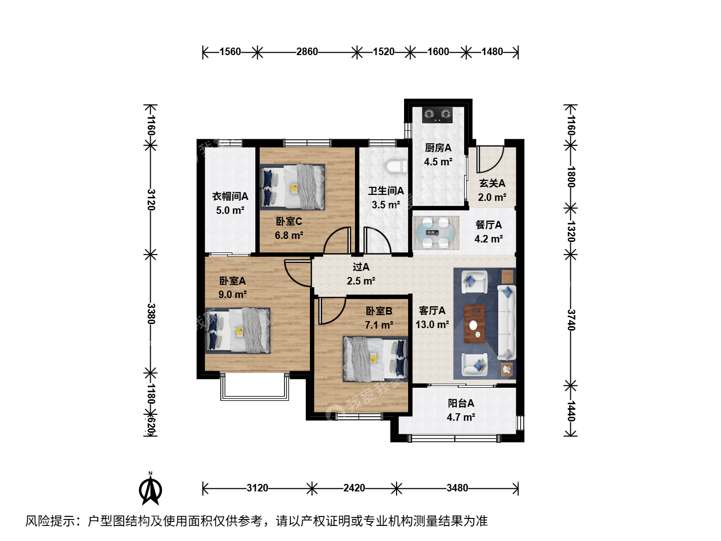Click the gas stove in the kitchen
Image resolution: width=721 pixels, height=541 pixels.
pyautogui.click(x=437, y=115)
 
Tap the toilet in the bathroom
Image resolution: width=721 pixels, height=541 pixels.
pyautogui.click(x=397, y=166)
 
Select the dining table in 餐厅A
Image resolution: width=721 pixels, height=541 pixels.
pyautogui.click(x=436, y=232)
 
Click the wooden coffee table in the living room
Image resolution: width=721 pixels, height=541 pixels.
pyautogui.click(x=475, y=324)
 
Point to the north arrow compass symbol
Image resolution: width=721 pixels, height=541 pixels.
pyautogui.click(x=150, y=489)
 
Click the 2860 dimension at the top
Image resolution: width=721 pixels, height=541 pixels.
pyautogui.click(x=307, y=52)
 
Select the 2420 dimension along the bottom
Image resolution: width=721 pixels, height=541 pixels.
pyautogui.click(x=354, y=488)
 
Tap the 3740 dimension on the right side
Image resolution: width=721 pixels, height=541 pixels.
pyautogui.click(x=571, y=320)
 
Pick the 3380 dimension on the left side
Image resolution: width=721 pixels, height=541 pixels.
pyautogui.click(x=151, y=314)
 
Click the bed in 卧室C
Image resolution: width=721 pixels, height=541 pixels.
pyautogui.click(x=292, y=187)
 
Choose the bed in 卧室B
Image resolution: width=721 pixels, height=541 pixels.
pyautogui.click(x=376, y=359)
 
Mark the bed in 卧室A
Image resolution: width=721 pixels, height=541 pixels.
pyautogui.click(x=237, y=331)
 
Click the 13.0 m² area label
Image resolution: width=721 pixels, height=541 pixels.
pyautogui.click(x=432, y=325)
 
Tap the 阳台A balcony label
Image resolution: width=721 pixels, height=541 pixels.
pyautogui.click(x=461, y=403)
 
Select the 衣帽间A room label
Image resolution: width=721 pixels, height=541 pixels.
pyautogui.click(x=230, y=196)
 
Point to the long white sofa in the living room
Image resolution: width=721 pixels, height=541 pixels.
pyautogui.click(x=507, y=322)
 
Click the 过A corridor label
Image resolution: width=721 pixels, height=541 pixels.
pyautogui.click(x=361, y=266)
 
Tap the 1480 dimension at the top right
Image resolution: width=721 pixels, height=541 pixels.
pyautogui.click(x=492, y=52)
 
